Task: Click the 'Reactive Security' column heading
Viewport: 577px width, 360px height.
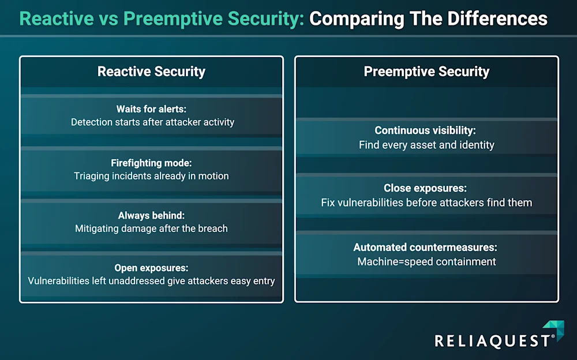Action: click(151, 72)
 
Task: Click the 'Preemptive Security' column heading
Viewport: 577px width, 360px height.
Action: click(426, 72)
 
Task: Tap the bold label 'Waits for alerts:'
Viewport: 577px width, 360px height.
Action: click(151, 109)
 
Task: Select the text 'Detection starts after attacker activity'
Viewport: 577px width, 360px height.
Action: click(152, 122)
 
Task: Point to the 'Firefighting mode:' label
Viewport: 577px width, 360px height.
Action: click(151, 163)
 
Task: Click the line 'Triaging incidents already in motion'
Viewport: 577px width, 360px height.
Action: click(151, 176)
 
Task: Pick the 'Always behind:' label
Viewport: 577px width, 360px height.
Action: click(151, 215)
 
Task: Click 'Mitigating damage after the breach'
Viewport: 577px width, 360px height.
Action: click(151, 228)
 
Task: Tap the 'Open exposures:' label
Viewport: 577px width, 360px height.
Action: click(151, 268)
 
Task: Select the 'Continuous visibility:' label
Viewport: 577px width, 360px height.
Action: click(425, 130)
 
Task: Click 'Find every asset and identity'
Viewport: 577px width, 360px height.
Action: click(426, 145)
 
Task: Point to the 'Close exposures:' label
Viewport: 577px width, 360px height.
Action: click(425, 188)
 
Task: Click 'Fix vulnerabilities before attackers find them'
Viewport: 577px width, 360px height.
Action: click(426, 202)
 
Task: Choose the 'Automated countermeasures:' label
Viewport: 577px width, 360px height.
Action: click(425, 247)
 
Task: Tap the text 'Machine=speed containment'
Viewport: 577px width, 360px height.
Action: click(426, 262)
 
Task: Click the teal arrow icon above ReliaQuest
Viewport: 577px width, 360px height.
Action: click(555, 329)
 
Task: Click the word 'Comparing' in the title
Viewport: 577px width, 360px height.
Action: click(357, 19)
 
